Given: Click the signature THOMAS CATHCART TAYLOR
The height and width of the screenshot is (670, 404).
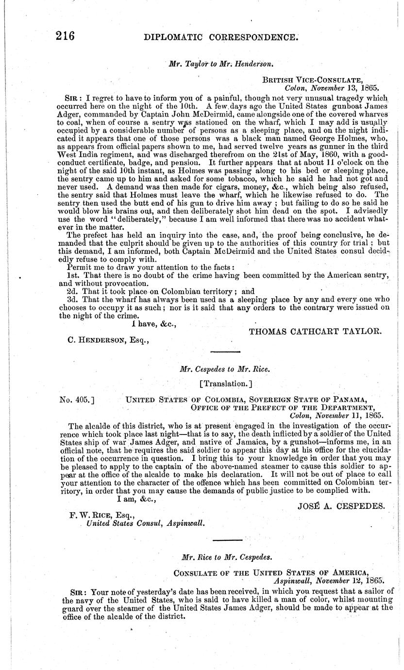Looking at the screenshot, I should [315, 331].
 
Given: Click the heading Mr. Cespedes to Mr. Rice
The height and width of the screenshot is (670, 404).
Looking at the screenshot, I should [224, 368].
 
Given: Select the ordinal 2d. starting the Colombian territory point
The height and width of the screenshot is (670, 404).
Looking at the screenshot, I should [72, 291].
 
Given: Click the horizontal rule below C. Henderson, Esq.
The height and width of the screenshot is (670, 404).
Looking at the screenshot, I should [225, 351].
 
